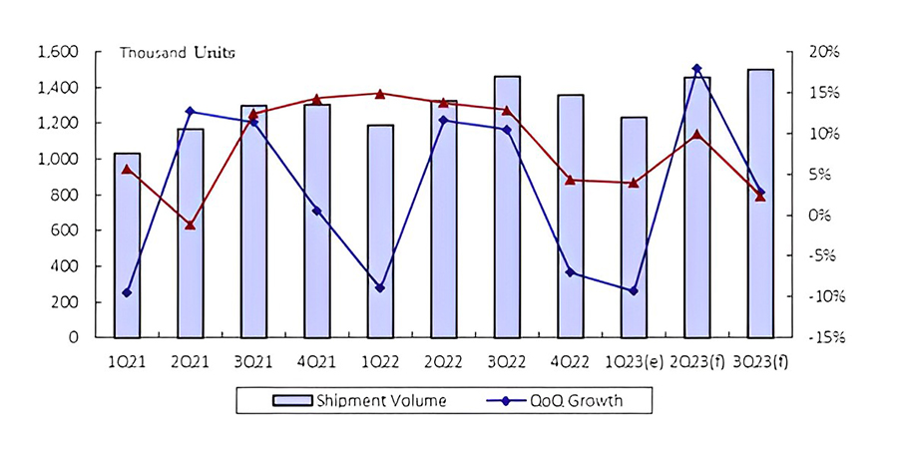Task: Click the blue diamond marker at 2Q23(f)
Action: coord(696,69)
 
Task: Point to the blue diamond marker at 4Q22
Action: coord(570,271)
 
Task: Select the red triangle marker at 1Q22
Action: coord(380,94)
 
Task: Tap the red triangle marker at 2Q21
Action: coord(190,225)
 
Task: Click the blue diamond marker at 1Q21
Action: coord(127,292)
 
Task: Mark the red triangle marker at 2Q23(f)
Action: coord(696,135)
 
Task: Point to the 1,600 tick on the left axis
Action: coord(58,52)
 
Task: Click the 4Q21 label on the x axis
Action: coord(316,359)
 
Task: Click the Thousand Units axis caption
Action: coord(178,53)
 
